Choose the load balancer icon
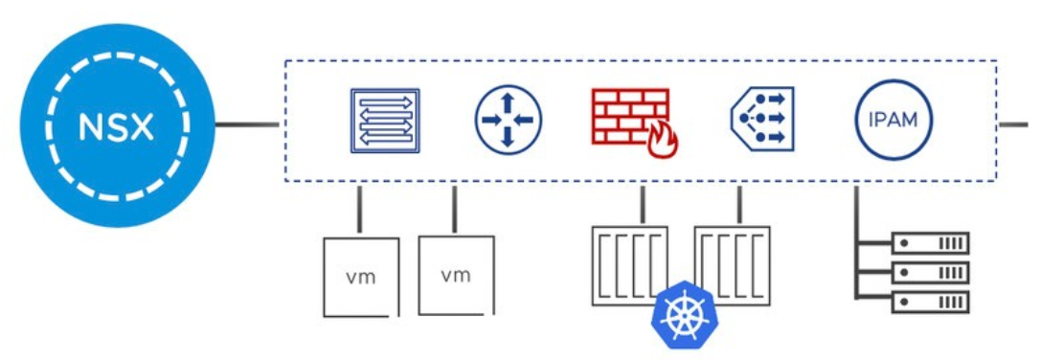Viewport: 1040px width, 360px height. point(757,121)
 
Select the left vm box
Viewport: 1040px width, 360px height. point(360,277)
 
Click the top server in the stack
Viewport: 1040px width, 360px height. point(930,243)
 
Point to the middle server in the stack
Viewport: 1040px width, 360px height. point(930,273)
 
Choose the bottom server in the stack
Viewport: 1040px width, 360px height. point(930,303)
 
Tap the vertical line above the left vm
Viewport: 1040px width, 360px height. point(359,210)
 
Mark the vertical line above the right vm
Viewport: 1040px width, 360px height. point(454,210)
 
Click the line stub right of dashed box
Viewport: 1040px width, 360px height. point(1014,124)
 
